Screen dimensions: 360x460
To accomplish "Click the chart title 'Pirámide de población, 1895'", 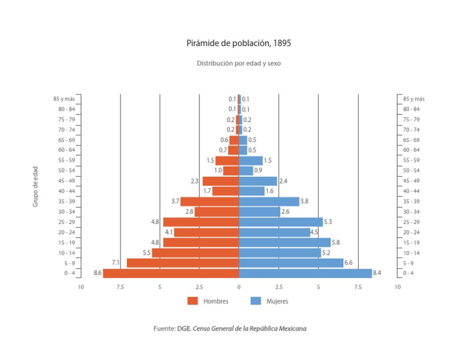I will pyautogui.click(x=239, y=44).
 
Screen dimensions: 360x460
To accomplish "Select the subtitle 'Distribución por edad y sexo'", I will pyautogui.click(x=239, y=63).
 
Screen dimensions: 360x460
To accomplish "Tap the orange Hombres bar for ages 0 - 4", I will pyautogui.click(x=171, y=273).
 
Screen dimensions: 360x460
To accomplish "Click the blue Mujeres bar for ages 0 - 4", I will pyautogui.click(x=305, y=273).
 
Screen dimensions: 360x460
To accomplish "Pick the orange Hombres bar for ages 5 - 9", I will pyautogui.click(x=183, y=263).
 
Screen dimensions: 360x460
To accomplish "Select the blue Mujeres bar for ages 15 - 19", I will pyautogui.click(x=285, y=243).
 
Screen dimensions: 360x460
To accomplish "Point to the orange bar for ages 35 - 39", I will pyautogui.click(x=210, y=201).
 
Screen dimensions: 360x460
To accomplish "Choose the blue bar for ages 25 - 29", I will pyautogui.click(x=280, y=222).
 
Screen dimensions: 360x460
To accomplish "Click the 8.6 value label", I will pyautogui.click(x=98, y=273).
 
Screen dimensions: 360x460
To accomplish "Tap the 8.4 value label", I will pyautogui.click(x=377, y=273).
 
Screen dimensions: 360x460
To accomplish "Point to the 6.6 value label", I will pyautogui.click(x=349, y=263).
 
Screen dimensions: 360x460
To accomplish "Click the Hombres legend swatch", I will pyautogui.click(x=192, y=301).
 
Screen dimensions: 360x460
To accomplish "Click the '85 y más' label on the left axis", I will pyautogui.click(x=63, y=99).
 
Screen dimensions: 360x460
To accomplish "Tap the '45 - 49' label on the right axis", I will pyautogui.click(x=411, y=181).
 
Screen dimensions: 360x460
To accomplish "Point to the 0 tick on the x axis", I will pyautogui.click(x=239, y=288).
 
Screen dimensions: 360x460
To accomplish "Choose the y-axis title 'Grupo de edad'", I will pyautogui.click(x=35, y=186).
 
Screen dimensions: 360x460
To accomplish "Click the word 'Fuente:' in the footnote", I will pyautogui.click(x=164, y=328).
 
